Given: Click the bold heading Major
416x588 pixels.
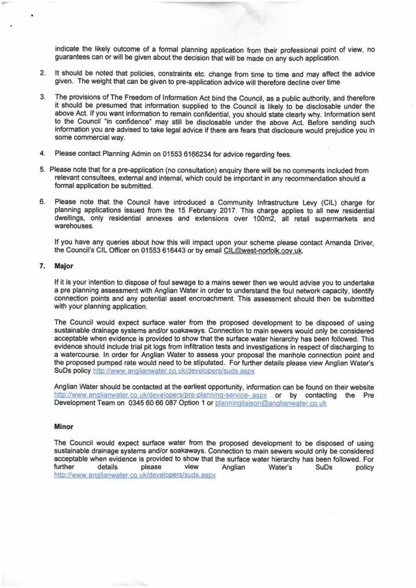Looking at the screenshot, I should point(64,266).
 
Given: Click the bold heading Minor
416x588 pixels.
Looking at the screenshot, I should point(64,427).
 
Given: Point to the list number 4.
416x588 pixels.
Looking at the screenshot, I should point(42,153).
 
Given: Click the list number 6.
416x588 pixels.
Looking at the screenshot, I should point(42,201).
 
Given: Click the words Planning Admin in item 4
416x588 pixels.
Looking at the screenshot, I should point(111,153).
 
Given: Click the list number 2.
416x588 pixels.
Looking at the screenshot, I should point(42,73).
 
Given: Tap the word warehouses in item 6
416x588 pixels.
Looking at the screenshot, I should point(75,227).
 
